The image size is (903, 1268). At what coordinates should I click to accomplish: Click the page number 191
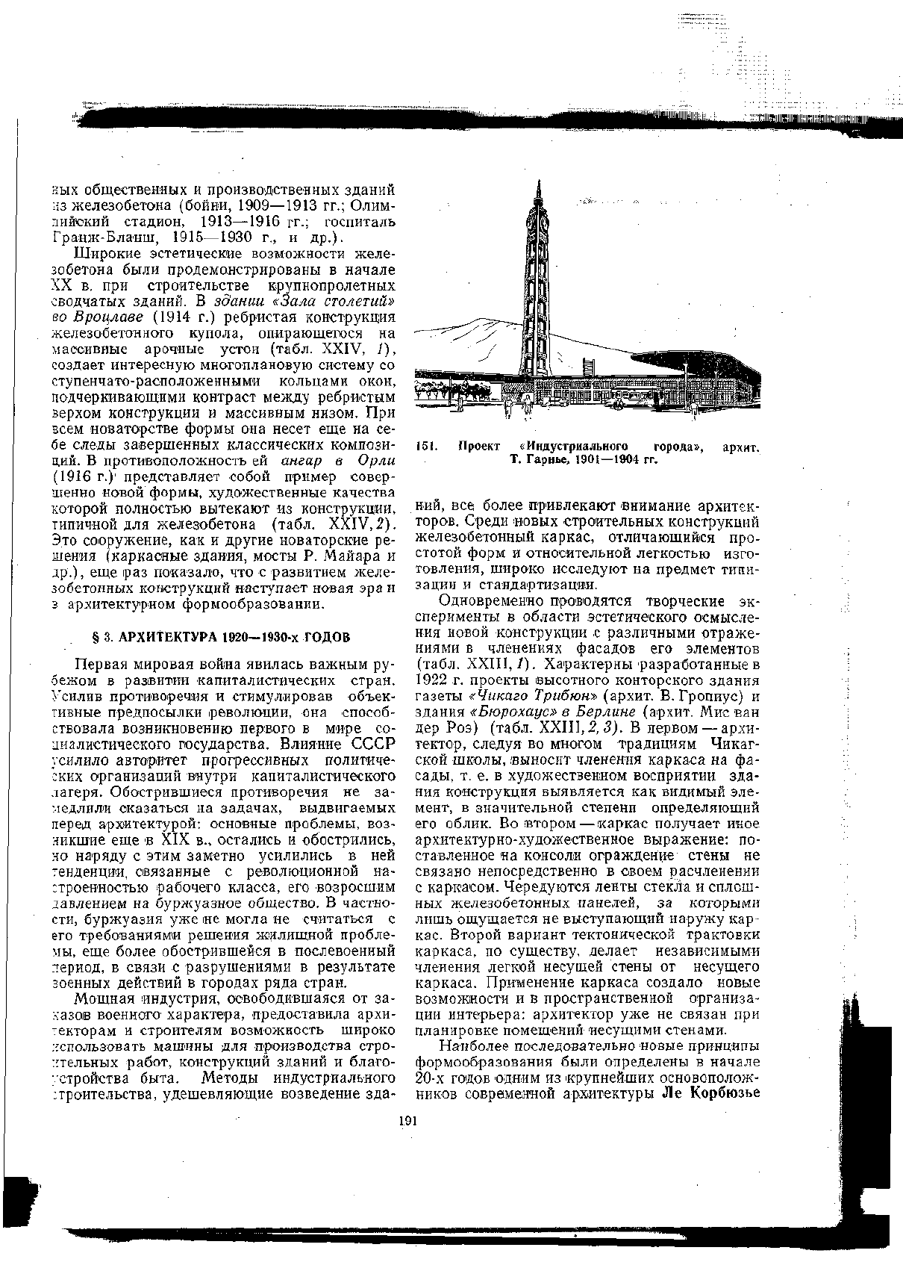coord(407,1120)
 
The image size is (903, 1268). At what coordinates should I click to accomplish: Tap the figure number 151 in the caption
coord(423,447)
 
